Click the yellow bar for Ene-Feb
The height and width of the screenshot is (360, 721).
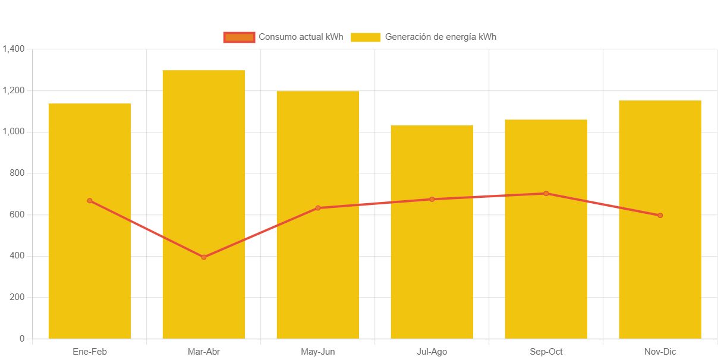90,267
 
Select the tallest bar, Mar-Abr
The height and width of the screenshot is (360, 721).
204,149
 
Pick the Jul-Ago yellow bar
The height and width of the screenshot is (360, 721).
432,267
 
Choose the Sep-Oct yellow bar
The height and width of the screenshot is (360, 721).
546,267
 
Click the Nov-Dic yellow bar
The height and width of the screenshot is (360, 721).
660,267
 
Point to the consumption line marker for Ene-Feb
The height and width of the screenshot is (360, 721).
90,201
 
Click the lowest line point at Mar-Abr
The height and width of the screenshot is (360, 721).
204,257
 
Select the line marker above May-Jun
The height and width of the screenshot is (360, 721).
318,208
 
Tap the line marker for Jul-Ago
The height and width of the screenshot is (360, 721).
432,199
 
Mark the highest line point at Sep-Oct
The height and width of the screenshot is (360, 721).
546,193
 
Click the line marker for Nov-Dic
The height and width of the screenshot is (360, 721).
660,215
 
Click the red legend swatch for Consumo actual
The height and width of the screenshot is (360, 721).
239,37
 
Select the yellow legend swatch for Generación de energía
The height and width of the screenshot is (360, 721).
366,37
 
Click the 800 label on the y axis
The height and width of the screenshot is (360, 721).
18,173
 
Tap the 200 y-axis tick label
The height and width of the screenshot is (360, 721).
18,297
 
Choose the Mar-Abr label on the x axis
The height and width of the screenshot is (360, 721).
204,352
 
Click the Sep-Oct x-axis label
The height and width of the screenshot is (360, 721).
546,352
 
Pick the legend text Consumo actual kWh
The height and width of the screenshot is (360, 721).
301,37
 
